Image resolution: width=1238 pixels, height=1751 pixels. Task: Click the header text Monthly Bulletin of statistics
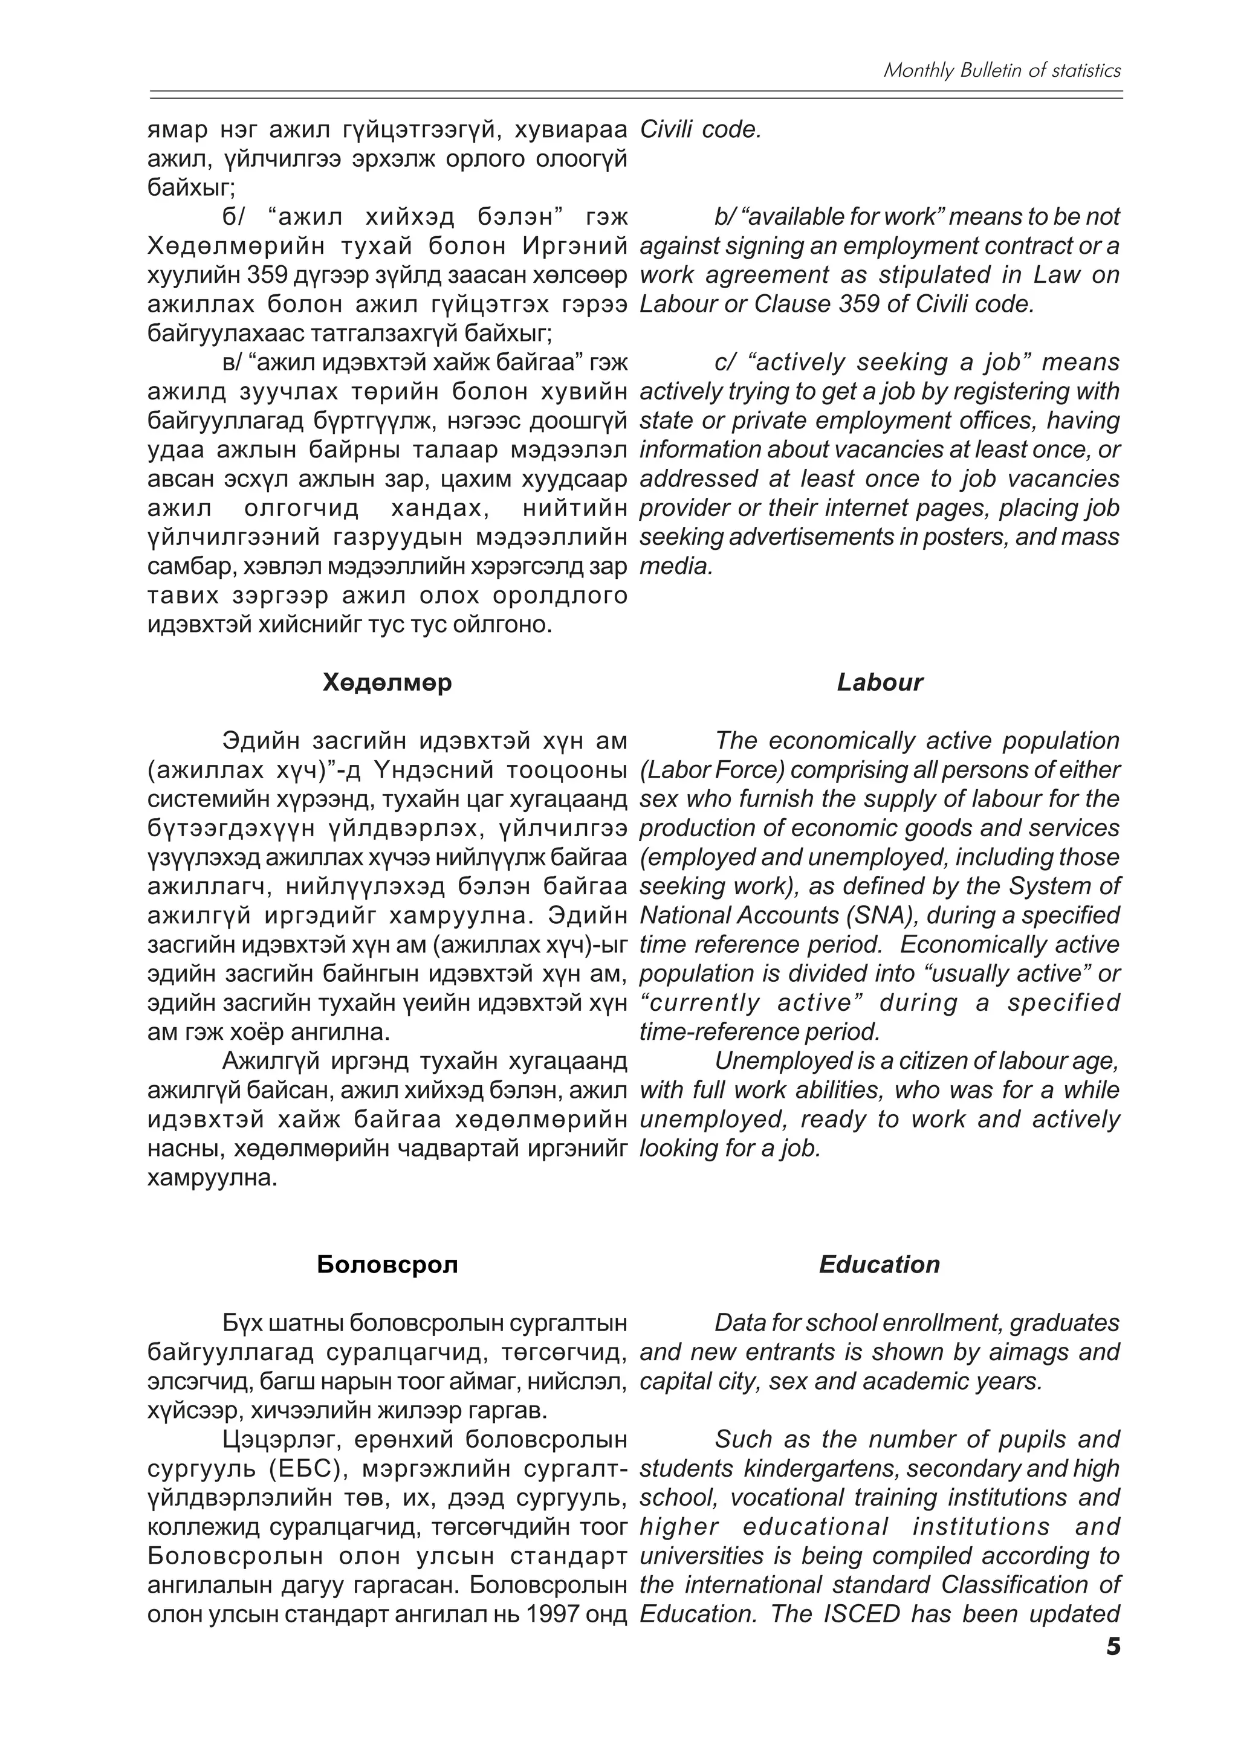point(1002,70)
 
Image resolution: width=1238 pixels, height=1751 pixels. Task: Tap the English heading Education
point(879,1265)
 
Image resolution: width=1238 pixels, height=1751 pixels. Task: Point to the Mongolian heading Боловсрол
point(387,1265)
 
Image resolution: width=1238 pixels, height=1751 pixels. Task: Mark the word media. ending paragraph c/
point(676,566)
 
